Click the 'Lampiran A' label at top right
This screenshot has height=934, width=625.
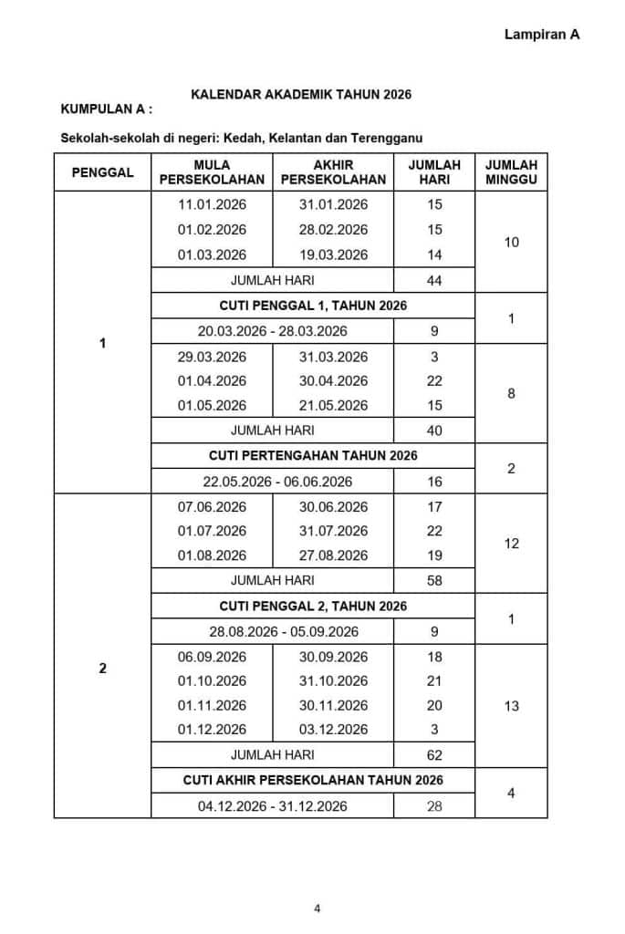(x=541, y=34)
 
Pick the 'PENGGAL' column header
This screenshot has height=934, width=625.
(x=102, y=171)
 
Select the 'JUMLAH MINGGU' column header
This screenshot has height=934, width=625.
(x=511, y=171)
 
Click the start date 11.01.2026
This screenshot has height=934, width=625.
(x=212, y=204)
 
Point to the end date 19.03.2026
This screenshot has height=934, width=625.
(x=333, y=254)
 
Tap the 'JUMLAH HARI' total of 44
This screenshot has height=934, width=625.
(x=434, y=280)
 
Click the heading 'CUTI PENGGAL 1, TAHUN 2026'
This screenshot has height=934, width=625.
(x=313, y=305)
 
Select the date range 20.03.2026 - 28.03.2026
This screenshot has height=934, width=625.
(x=273, y=330)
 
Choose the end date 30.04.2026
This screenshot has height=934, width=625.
(x=333, y=380)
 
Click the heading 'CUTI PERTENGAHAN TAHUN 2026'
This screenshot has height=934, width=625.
(x=313, y=455)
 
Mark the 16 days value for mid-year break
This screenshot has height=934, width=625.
(x=434, y=481)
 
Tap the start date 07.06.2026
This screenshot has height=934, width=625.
(x=212, y=506)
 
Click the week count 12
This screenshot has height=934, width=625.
(x=511, y=544)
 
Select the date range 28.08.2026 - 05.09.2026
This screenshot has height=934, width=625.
(x=273, y=631)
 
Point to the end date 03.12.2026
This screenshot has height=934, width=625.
(x=333, y=729)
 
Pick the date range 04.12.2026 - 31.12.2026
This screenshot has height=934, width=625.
(x=273, y=805)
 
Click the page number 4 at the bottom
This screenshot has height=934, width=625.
(x=317, y=908)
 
